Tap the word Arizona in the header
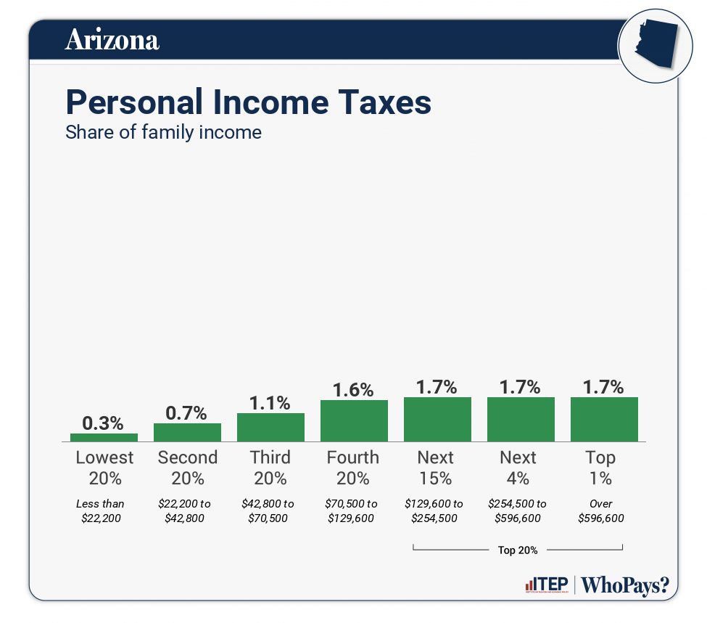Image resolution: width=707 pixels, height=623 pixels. tap(112, 40)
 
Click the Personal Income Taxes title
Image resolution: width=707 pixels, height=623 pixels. tap(248, 102)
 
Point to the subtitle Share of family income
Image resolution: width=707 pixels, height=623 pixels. tap(163, 133)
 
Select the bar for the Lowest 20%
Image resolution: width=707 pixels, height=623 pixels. tap(104, 437)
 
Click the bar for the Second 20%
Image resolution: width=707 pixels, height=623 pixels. tap(187, 432)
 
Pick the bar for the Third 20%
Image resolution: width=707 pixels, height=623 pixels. tap(270, 427)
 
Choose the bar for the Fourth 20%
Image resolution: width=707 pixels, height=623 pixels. tap(354, 420)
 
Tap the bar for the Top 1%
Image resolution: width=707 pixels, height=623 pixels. tap(604, 419)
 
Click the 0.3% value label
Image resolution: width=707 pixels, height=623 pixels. tap(103, 423)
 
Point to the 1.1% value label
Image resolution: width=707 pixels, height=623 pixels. tap(270, 402)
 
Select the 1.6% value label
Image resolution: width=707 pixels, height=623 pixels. tap(353, 390)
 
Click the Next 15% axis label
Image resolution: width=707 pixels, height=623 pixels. tap(436, 468)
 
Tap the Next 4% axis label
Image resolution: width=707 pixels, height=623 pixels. tap(518, 468)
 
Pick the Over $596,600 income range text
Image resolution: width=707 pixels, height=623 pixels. tap(601, 510)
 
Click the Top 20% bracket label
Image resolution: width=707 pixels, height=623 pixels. tap(518, 550)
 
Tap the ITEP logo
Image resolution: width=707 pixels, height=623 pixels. tap(546, 585)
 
